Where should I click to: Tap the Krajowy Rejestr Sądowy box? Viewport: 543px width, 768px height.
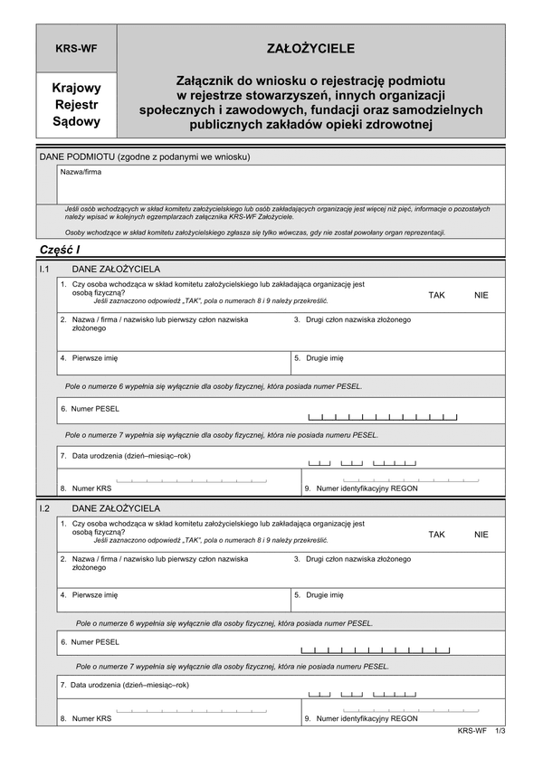click(x=76, y=104)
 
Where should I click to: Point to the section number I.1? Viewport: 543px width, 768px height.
click(x=43, y=270)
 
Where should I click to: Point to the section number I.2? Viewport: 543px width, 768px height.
click(x=43, y=508)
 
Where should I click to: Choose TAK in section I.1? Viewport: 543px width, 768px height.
click(x=437, y=295)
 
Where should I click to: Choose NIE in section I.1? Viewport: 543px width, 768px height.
click(x=481, y=295)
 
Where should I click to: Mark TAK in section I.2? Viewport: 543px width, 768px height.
click(x=437, y=535)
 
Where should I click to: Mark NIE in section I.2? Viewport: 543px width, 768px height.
click(x=481, y=535)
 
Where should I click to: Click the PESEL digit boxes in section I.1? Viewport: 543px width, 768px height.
click(x=383, y=417)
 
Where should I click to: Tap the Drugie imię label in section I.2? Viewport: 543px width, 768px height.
click(x=324, y=595)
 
